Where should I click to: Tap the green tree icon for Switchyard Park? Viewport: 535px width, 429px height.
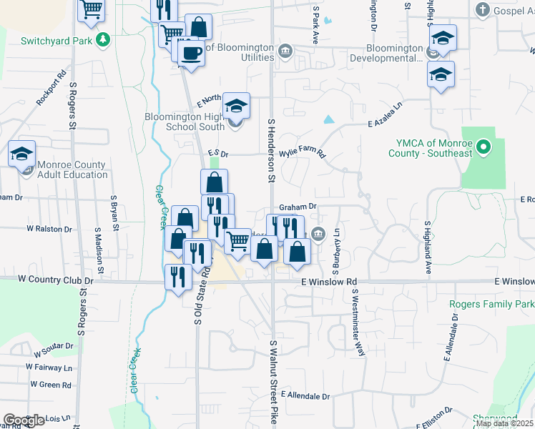click(x=104, y=39)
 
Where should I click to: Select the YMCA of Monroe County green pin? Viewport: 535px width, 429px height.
click(x=484, y=149)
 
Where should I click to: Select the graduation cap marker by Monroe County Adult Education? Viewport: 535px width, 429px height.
click(x=21, y=154)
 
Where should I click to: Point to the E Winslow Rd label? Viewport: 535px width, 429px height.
click(x=329, y=282)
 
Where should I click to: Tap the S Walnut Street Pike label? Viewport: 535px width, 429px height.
click(x=273, y=383)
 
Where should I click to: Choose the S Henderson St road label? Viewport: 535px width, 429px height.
click(x=272, y=149)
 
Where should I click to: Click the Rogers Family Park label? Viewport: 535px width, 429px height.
click(x=491, y=305)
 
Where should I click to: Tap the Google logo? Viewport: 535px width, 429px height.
click(x=24, y=420)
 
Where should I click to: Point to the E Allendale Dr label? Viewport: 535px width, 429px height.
click(x=305, y=395)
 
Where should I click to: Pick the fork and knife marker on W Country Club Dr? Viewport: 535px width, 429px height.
click(x=178, y=277)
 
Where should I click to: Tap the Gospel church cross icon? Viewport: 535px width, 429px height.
click(x=484, y=10)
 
